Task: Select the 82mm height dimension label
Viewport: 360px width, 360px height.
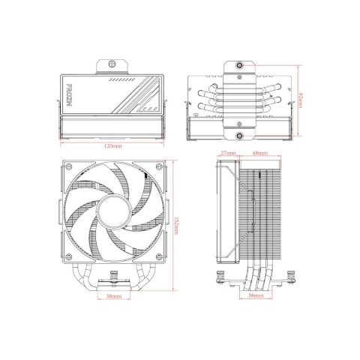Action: [x=301, y=98]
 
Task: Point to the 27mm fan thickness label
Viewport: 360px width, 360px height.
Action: [x=229, y=154]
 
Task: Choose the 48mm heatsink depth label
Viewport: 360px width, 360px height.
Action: [x=261, y=154]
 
